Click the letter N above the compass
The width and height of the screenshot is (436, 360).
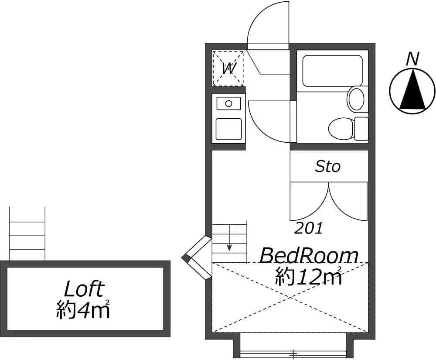tap(412, 59)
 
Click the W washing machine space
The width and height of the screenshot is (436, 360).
tap(228, 68)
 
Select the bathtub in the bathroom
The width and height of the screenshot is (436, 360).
tap(333, 71)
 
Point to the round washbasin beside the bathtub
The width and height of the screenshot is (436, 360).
tap(356, 99)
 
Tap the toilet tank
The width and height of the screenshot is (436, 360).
tap(361, 129)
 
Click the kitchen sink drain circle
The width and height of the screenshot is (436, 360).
tap(228, 104)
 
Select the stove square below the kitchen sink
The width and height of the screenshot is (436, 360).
tap(228, 129)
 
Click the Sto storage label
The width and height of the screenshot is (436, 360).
tap(327, 166)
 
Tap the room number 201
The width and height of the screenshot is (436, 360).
tap(308, 228)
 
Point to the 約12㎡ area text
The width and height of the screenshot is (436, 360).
tap(309, 276)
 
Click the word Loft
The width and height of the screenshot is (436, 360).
tap(84, 289)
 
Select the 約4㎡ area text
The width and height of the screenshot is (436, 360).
tap(83, 309)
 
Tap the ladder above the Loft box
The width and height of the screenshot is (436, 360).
tap(27, 233)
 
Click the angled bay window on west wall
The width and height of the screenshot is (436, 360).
tap(197, 257)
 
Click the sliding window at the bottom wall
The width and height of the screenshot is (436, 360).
tap(293, 354)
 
